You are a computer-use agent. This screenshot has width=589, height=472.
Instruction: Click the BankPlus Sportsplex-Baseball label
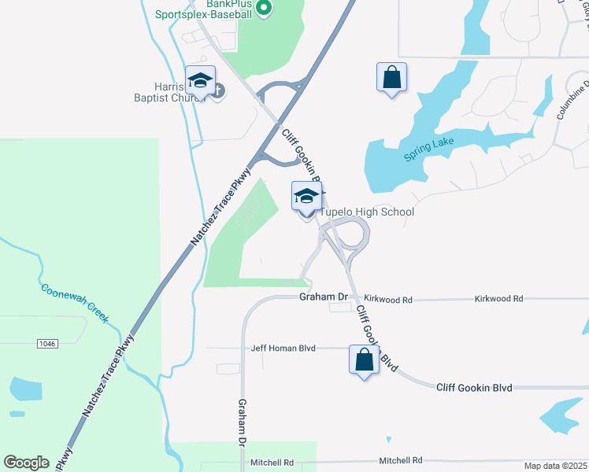click(213, 9)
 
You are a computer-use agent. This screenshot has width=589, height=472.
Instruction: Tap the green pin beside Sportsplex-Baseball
click(265, 9)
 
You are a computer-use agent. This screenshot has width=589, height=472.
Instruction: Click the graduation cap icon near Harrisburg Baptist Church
click(200, 79)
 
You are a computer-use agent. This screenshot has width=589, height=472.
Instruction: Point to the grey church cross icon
click(218, 91)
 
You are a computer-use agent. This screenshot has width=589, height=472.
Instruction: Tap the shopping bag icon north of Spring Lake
click(391, 77)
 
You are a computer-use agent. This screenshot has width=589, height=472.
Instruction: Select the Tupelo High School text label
click(367, 212)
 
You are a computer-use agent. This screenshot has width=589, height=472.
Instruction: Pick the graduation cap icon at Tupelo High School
click(306, 197)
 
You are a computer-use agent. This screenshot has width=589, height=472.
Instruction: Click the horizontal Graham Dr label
click(324, 297)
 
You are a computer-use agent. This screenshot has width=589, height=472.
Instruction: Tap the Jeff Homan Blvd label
click(283, 348)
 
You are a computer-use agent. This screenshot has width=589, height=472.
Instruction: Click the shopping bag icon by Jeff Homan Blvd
click(364, 360)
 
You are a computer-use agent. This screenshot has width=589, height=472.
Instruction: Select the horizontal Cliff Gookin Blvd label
click(474, 387)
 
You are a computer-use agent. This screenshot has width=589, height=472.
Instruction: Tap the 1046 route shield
click(48, 343)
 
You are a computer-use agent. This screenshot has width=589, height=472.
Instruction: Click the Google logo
click(26, 463)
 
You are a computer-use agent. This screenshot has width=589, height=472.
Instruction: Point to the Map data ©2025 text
click(555, 466)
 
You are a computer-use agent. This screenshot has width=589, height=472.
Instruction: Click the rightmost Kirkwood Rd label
click(498, 299)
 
